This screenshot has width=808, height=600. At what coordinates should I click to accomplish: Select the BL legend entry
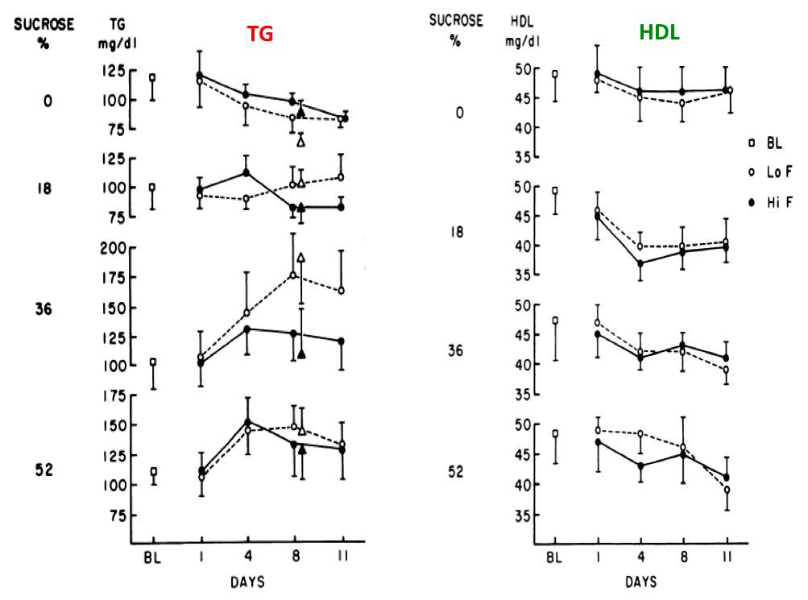pyautogui.click(x=770, y=143)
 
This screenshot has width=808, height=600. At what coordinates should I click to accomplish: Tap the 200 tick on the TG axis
pyautogui.click(x=113, y=248)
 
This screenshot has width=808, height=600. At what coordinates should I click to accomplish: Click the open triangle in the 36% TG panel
pyautogui.click(x=301, y=258)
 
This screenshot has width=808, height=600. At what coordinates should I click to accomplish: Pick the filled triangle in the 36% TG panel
pyautogui.click(x=301, y=354)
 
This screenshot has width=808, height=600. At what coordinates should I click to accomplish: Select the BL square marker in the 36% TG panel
pyautogui.click(x=153, y=363)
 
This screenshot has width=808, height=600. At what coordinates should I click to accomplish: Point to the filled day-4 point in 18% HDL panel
pyautogui.click(x=640, y=263)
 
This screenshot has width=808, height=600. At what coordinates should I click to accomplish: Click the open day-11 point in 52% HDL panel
pyautogui.click(x=727, y=490)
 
